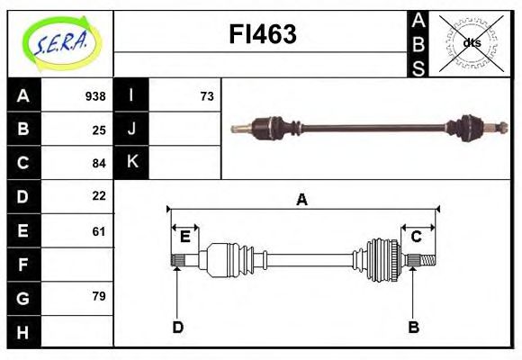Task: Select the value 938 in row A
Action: click(95, 96)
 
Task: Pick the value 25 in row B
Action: click(99, 130)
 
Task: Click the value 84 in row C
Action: click(99, 164)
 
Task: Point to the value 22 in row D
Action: click(99, 195)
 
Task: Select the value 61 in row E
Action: click(99, 231)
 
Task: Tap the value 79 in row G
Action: click(99, 296)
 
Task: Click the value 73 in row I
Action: click(207, 96)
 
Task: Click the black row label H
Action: click(23, 332)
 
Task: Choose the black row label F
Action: click(23, 265)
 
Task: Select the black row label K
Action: click(131, 163)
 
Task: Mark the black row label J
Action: click(131, 130)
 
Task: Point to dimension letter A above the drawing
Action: click(301, 200)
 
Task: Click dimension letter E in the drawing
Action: click(184, 237)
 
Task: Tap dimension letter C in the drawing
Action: click(417, 237)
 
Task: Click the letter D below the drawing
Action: click(177, 327)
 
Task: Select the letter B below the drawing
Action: click(413, 327)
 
